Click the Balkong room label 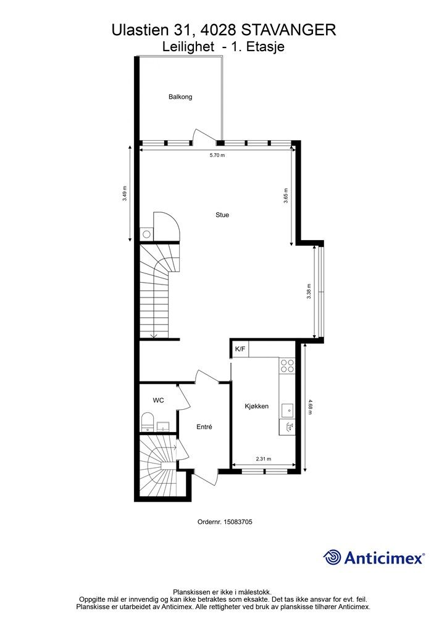coord(180,97)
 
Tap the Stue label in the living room coord(222,215)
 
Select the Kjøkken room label coord(256,406)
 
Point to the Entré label coord(204,427)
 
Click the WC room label coord(159,400)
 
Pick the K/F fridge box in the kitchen coord(240,349)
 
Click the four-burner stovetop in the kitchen coord(287,365)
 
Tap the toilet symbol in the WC coord(148,422)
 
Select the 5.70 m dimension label coord(217,155)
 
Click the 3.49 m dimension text coord(125,193)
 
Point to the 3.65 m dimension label coord(286,196)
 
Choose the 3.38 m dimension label coord(309,291)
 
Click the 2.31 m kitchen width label coord(264,459)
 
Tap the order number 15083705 coord(238,522)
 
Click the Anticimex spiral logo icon coord(332,557)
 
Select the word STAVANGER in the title coord(288,30)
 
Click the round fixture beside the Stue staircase coord(147,234)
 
